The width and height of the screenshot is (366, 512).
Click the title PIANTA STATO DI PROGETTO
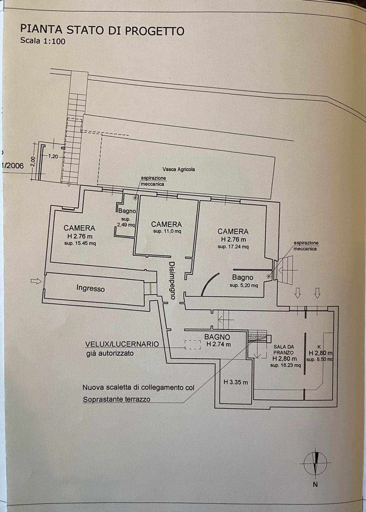point(102,30)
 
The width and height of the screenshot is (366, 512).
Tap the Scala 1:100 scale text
point(43,41)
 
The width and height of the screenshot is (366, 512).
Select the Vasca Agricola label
point(179,169)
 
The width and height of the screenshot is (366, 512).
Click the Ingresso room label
point(90,288)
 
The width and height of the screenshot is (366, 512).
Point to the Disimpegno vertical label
point(172,280)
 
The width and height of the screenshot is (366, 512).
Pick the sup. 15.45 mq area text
point(80,243)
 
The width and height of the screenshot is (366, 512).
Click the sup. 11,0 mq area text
point(167,231)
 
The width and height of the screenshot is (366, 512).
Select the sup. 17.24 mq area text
point(233,247)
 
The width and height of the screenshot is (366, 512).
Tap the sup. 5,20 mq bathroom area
point(244,285)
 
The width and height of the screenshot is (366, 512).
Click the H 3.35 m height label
point(236,382)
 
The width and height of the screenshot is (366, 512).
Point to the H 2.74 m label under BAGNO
point(218,344)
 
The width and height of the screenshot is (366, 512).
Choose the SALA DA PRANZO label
point(284,349)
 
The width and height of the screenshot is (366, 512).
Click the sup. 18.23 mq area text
point(285,365)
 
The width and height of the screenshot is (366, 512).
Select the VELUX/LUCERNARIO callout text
point(122,344)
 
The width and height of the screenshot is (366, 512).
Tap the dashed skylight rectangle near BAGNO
point(193,344)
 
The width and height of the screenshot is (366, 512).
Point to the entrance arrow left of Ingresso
point(36,281)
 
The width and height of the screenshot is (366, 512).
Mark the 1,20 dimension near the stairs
point(53,156)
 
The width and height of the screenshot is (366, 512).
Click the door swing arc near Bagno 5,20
point(209,283)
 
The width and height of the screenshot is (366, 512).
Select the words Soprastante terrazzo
point(116,399)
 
